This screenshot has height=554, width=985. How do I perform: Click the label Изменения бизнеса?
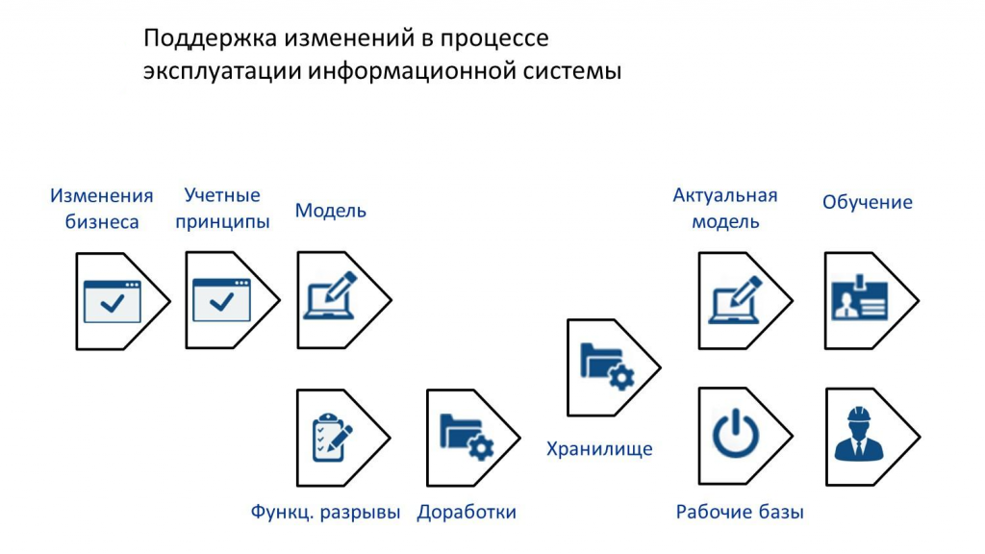coord(102,209)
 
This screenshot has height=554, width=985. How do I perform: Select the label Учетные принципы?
coord(222,208)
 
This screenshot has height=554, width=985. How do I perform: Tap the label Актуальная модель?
coord(725,209)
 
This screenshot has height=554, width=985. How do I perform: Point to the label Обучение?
coord(867,202)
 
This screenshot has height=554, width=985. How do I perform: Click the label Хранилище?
coord(599,449)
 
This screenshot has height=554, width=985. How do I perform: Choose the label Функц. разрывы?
coord(325,512)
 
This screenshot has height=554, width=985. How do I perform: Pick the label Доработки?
coord(467,512)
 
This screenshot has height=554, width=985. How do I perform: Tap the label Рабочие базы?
coord(740,512)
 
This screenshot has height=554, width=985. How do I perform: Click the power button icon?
coord(735,433)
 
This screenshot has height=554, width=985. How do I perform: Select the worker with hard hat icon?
coord(859,434)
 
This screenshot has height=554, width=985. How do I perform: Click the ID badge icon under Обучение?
coord(859,297)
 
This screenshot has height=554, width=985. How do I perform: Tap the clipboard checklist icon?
coord(332,438)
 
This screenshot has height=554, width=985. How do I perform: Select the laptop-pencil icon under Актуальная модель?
coord(736,300)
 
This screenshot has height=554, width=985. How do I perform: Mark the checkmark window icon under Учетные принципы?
coord(222,300)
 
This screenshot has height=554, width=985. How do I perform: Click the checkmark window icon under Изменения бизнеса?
coord(113,301)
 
